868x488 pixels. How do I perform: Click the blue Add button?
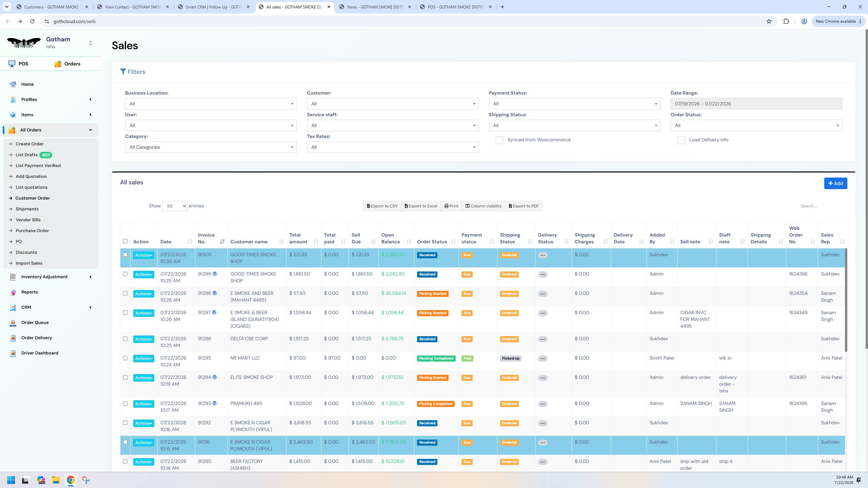835,183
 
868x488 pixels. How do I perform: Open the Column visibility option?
483,206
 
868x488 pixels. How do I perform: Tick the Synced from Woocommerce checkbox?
499,140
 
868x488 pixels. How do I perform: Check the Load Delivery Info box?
681,140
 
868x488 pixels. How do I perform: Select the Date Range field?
756,104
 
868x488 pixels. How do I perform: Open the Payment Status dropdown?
574,104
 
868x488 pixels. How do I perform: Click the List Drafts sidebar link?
26,155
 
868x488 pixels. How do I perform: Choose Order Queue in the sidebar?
35,322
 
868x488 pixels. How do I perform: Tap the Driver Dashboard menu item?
40,353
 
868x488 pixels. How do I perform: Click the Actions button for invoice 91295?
143,359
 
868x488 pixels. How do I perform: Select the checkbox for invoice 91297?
125,313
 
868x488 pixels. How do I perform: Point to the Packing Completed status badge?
436,359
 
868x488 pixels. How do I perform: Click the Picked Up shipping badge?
510,359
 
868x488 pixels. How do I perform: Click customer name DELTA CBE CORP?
249,339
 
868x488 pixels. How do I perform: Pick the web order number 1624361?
797,377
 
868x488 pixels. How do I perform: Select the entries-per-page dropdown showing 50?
175,206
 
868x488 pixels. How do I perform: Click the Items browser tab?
375,7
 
